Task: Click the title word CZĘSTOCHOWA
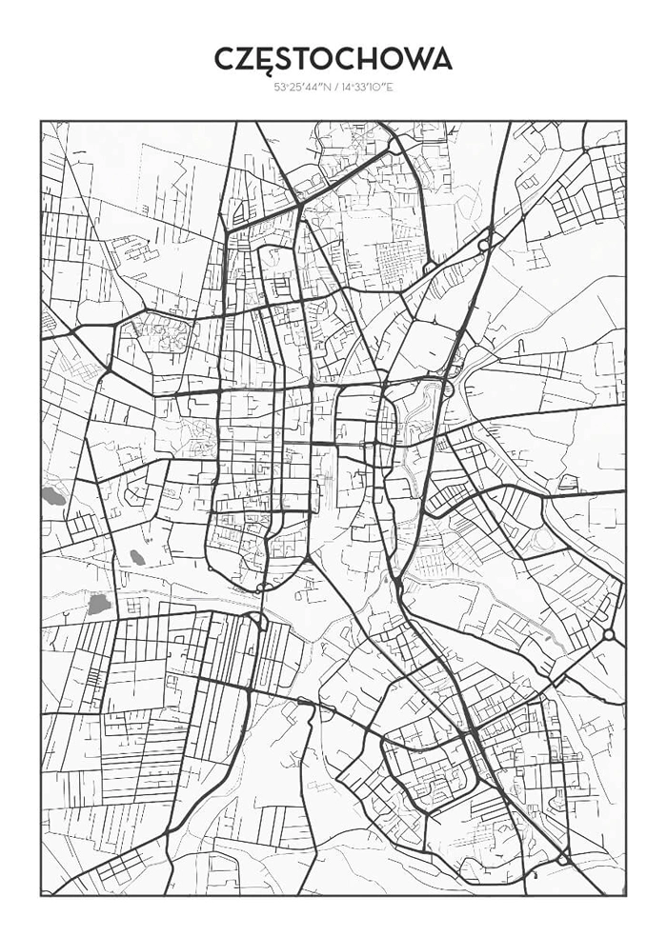coord(333,59)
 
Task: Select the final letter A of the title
coord(440,59)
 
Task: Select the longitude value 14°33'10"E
coord(366,88)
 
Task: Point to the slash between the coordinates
coord(333,88)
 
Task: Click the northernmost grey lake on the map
coord(52,495)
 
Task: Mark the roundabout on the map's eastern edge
coord(608,634)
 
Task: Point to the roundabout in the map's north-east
coord(483,245)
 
